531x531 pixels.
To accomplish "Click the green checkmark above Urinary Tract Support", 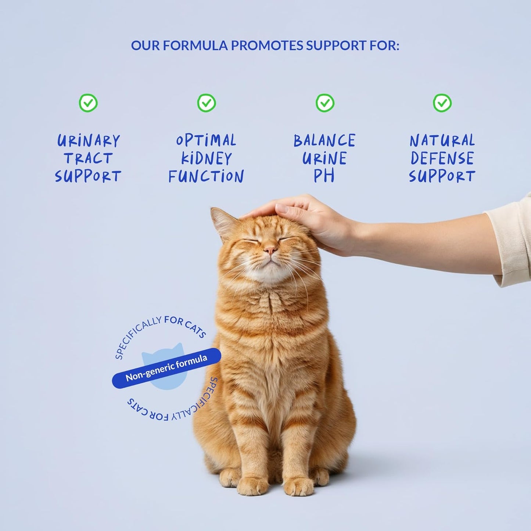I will pos(88,103).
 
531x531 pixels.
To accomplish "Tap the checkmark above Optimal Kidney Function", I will pos(207,103).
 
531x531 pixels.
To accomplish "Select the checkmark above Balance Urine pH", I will pos(325,103).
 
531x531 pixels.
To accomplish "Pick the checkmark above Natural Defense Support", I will pos(442,103).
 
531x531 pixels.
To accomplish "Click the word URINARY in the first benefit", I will pos(89,141).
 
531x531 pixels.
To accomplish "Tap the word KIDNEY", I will pos(207,159).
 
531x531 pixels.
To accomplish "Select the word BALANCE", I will pos(324,141).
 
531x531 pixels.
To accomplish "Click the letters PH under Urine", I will pos(324,176).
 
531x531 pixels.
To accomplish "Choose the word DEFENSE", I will pos(442,159).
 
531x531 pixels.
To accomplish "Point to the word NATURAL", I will pos(442,141).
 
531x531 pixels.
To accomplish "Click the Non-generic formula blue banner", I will pos(166,367).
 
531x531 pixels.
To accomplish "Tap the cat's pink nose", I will pos(270,251).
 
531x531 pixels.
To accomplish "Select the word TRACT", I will pos(88,159).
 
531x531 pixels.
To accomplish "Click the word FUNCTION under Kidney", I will pos(206,176).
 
